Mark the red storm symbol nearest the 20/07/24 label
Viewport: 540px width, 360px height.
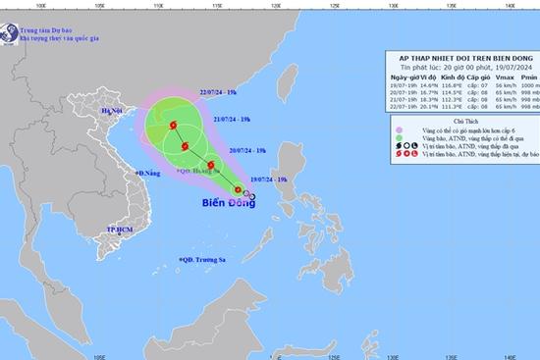point(210,165)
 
